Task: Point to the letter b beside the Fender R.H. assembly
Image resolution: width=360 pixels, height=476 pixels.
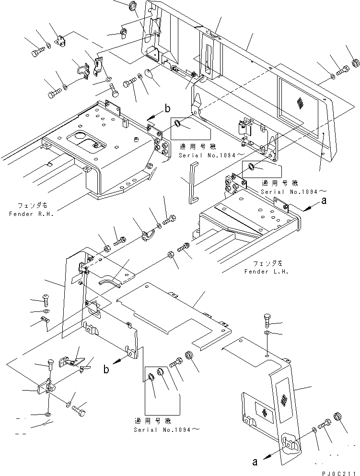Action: [167, 109]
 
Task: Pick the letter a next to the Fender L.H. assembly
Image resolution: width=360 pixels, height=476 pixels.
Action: [324, 202]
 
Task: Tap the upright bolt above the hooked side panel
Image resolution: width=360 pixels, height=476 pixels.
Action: [267, 319]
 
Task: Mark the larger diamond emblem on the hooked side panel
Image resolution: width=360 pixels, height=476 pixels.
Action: [285, 401]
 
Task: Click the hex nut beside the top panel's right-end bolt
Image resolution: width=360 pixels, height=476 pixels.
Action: [356, 63]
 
